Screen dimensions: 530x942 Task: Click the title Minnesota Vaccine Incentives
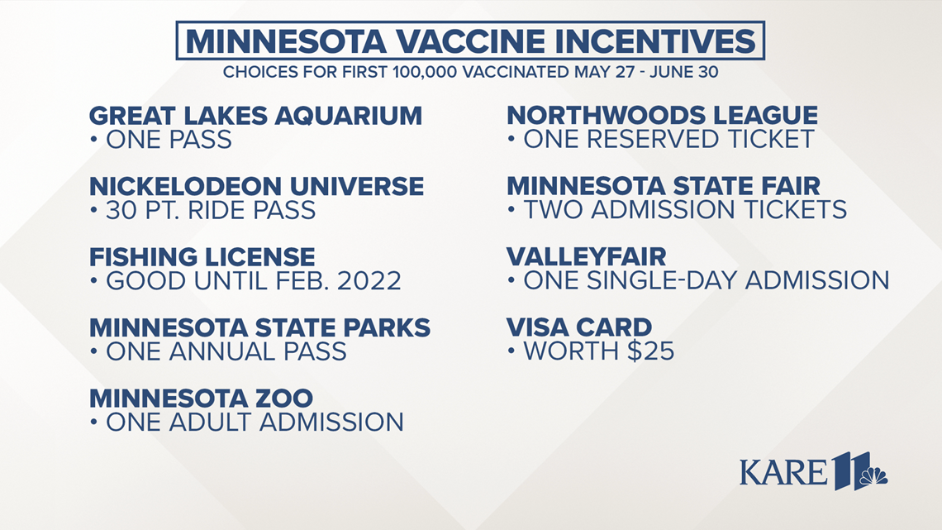[x=470, y=41]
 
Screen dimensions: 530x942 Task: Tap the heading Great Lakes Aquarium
[x=255, y=115]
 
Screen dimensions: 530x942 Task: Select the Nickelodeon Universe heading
[x=256, y=186]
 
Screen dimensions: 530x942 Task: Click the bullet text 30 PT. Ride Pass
[x=210, y=210]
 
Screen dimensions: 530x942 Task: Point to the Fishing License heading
[x=202, y=256]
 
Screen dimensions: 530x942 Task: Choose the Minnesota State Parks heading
[x=259, y=327]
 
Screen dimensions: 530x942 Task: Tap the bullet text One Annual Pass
[x=226, y=351]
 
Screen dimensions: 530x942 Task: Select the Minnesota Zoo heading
[x=201, y=398]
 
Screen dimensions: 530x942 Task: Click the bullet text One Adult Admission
[x=255, y=423]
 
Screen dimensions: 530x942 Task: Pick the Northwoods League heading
[x=662, y=115]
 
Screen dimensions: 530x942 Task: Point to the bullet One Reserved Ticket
[x=668, y=139]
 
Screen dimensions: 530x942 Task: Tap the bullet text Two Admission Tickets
[x=685, y=210]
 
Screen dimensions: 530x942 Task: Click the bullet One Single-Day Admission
[x=706, y=280]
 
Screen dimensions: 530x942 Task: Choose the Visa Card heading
[x=579, y=327]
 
